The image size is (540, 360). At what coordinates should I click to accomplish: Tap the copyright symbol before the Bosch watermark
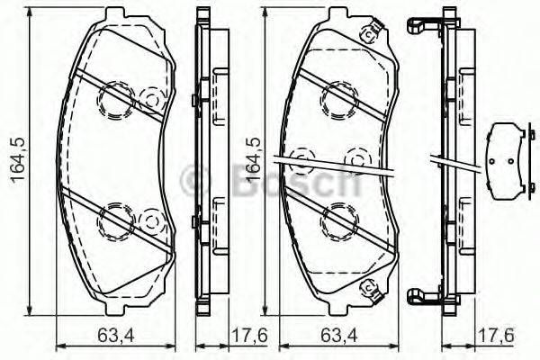[194, 179]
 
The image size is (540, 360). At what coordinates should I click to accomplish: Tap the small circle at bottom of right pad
[367, 288]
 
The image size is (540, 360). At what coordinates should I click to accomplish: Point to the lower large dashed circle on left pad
[114, 219]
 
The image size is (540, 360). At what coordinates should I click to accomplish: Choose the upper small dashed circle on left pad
[151, 94]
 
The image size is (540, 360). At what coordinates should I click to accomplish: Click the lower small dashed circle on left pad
[151, 219]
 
